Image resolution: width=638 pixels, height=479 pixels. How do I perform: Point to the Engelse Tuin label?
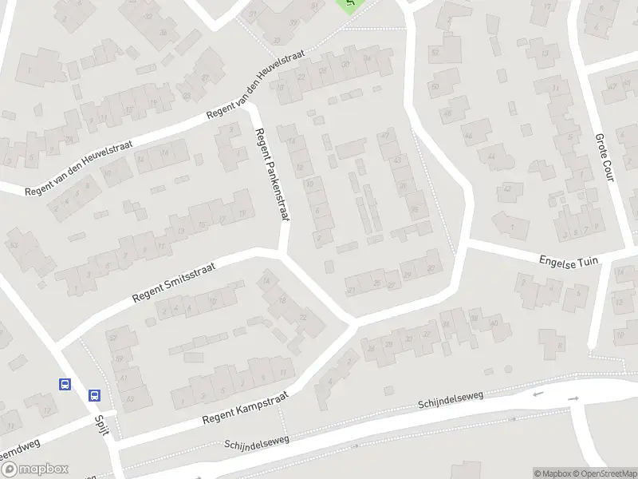point(569,261)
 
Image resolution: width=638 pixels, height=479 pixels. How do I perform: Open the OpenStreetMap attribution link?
point(606,473)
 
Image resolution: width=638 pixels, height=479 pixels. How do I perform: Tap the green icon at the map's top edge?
point(348,4)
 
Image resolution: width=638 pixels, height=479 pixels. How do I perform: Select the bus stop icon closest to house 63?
point(94,394)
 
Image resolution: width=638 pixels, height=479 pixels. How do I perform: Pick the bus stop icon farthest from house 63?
point(65,384)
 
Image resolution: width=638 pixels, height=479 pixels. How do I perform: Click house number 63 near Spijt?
point(130,397)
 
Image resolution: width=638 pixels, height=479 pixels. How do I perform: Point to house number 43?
point(396,160)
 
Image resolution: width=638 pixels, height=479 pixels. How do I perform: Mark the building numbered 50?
point(435,86)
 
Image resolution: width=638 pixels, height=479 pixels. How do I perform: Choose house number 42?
point(507,189)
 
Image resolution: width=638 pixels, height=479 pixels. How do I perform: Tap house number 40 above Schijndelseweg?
point(494,323)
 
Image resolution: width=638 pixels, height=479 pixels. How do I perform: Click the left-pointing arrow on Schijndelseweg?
point(537,394)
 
